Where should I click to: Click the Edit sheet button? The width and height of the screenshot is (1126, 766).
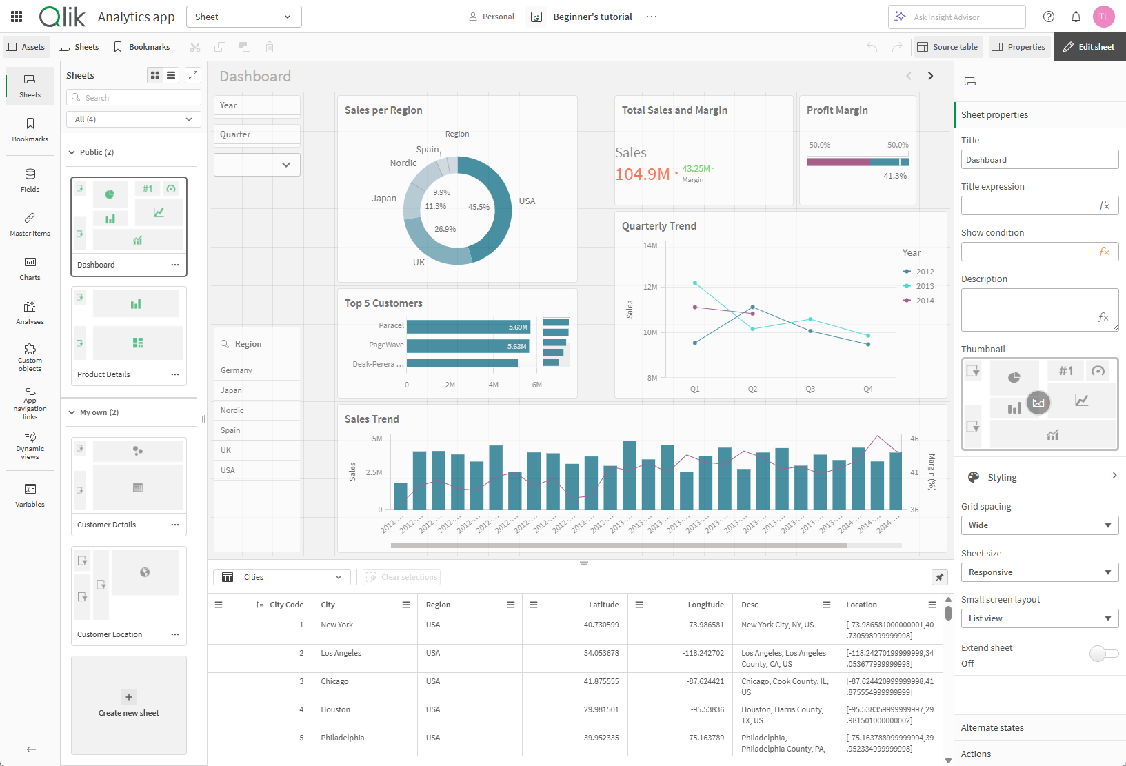1089,47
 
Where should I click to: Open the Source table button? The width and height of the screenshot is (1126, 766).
947,47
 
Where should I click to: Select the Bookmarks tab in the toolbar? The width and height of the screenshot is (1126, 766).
142,47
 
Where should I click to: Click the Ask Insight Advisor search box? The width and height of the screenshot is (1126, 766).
956,17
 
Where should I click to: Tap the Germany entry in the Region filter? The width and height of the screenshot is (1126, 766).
237,370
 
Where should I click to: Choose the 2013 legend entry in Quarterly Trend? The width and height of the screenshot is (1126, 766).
924,286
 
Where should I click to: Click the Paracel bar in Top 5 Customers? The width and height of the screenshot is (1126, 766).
468,327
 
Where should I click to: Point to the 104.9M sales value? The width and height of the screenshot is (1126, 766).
642,174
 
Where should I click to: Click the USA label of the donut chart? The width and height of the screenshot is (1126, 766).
527,201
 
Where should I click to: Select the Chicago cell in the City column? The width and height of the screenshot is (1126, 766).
334,681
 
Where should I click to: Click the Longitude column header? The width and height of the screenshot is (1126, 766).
705,605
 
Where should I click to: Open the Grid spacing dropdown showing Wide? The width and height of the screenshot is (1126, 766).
1039,525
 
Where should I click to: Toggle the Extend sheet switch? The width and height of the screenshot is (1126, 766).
1103,653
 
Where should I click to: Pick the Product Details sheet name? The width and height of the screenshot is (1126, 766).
103,374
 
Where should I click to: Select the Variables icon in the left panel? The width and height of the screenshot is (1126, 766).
30,495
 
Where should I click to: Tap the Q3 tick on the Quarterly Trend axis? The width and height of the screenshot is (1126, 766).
810,389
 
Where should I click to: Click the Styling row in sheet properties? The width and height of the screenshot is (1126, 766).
1039,477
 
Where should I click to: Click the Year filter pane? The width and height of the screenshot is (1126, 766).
257,105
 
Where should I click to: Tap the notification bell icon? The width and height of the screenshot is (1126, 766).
1076,17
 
